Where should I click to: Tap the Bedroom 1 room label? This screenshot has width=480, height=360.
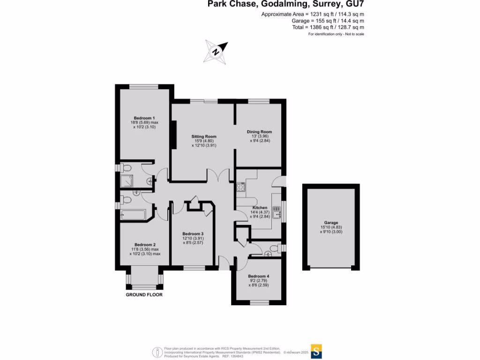[x=144, y=118]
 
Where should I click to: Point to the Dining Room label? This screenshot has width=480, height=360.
[x=259, y=132]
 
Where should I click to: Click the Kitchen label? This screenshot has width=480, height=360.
[x=260, y=208]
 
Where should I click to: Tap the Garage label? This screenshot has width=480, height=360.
[x=331, y=223]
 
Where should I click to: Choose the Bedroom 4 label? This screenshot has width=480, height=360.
[x=258, y=276]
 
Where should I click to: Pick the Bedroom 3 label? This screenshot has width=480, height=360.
[x=193, y=234]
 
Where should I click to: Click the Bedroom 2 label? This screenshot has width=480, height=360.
[x=144, y=245]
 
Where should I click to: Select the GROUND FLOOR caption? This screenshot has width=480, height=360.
[x=144, y=295]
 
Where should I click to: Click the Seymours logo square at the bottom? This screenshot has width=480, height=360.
[x=317, y=351]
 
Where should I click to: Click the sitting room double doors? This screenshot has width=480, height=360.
[x=217, y=176]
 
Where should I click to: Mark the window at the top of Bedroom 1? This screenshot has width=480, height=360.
[x=144, y=86]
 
